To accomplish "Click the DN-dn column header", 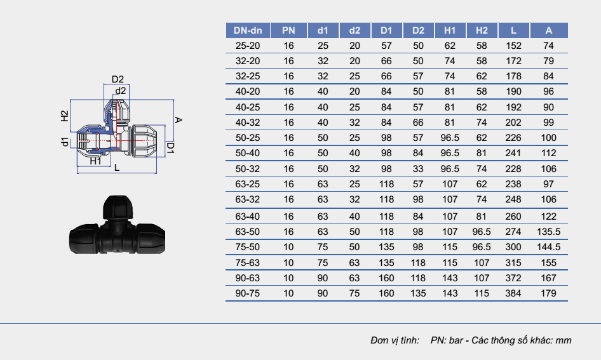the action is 248,30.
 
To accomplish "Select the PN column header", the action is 288,30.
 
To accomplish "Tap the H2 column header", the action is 482,30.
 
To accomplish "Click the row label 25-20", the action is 248,46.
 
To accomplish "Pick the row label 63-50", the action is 248,232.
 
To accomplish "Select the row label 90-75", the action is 248,293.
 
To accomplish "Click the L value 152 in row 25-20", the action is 513,46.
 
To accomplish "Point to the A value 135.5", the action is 548,232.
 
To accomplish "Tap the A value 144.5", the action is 548,247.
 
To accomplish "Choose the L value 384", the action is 513,293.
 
